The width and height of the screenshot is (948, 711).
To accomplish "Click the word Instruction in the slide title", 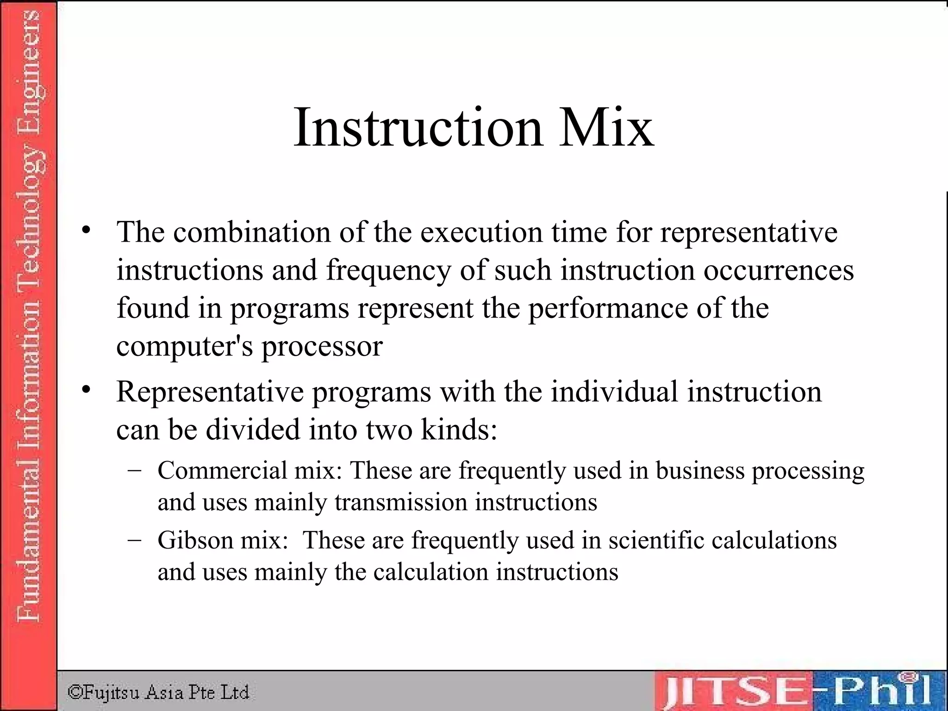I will [418, 127].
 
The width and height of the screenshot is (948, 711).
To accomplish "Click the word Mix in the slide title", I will [606, 127].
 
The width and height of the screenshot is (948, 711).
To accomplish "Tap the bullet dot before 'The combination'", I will [86, 230].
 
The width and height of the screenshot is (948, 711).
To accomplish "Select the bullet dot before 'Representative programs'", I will [86, 390].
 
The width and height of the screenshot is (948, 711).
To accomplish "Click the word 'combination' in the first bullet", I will [252, 232].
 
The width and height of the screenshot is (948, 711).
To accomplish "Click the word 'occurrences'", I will [779, 270].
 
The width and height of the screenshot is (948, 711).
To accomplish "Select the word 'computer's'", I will [184, 347].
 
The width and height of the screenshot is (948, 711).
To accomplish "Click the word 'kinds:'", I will [459, 430].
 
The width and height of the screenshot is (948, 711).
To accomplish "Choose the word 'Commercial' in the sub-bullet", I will [223, 470].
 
